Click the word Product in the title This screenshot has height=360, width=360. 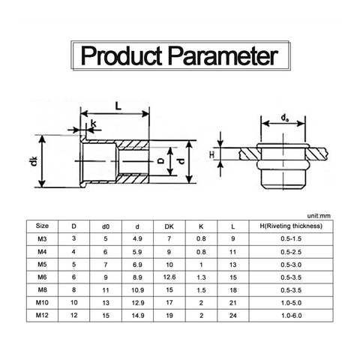click(121, 56)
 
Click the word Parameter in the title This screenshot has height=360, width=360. click(223, 56)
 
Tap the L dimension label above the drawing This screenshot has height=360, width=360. click(118, 106)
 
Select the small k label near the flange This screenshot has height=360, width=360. click(94, 123)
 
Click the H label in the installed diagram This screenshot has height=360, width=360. click(211, 155)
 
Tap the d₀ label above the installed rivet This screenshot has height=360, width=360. click(285, 118)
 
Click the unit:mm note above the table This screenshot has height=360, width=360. click(319, 216)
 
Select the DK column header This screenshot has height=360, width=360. click(169, 226)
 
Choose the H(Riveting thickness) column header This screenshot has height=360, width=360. click(291, 226)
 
